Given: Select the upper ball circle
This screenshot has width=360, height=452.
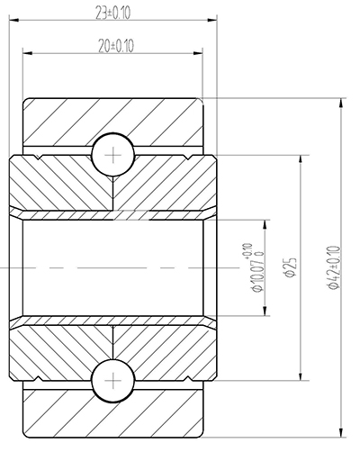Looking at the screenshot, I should point(113,154).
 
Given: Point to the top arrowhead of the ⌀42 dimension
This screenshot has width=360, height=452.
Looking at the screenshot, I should point(340,102).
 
